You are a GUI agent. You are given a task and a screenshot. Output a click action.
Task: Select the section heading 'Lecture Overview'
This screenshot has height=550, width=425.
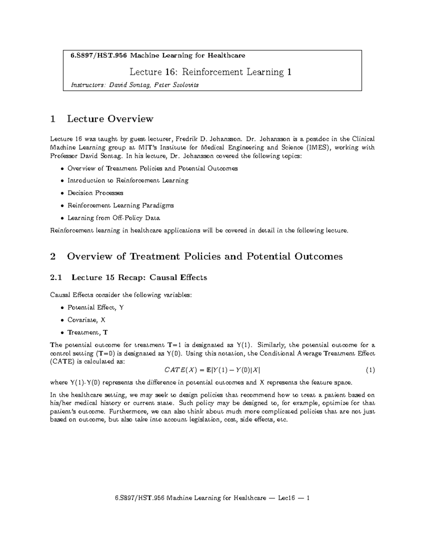coord(110,119)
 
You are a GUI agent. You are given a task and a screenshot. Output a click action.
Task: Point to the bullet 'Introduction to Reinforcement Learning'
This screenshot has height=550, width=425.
coord(128,181)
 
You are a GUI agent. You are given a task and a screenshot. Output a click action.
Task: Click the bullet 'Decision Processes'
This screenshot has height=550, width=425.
coord(95,193)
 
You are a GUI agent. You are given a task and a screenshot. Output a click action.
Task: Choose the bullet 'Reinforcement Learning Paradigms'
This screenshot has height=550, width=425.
coord(120,205)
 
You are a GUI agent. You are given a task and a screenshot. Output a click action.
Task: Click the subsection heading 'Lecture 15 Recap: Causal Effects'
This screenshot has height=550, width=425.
coord(139,278)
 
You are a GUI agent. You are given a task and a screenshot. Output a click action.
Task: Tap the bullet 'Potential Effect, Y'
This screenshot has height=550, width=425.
coord(96,307)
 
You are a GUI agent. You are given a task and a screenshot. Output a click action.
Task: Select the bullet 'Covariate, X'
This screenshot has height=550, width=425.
coord(86,320)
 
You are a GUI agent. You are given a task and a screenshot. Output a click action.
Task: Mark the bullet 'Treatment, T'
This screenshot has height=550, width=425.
coord(87,333)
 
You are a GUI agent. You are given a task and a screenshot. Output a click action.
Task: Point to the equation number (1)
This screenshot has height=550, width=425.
coord(370,370)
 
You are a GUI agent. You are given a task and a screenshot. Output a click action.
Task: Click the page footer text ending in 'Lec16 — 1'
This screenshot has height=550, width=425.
coord(212,498)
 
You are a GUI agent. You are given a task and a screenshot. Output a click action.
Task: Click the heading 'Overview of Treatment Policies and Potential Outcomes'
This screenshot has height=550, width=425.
coord(205,256)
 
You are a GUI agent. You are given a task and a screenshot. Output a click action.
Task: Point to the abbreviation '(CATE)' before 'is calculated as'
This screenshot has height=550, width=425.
coord(62,362)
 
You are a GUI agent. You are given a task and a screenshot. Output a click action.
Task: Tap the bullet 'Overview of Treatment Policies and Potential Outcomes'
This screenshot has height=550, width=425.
coord(152,169)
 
